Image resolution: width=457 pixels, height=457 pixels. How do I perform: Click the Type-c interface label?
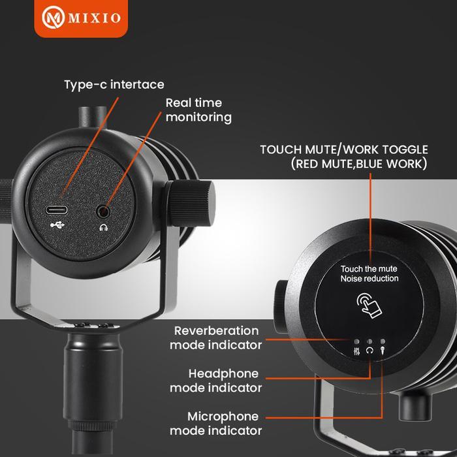[x=114, y=85]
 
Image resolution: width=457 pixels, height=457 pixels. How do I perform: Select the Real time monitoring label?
[x=198, y=110]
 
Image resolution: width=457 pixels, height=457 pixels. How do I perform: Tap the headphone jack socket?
[x=102, y=211]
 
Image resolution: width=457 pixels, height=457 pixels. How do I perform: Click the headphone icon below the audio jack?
[x=102, y=227]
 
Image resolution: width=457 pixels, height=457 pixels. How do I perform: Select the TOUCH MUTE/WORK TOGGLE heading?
[x=344, y=150]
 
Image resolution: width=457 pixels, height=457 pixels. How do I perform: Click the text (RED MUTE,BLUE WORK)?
[x=359, y=164]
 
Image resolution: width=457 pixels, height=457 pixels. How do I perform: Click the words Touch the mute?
[x=369, y=268]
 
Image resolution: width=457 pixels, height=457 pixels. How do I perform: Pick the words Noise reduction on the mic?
[x=369, y=279]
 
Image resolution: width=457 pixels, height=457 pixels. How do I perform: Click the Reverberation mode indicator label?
[x=216, y=338]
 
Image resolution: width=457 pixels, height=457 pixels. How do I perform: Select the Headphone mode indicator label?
[x=216, y=381]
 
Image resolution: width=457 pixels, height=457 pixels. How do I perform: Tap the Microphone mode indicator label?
[x=216, y=423]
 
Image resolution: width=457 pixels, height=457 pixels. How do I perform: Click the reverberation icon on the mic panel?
[x=356, y=350]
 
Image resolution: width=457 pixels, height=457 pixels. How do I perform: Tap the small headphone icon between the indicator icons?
[x=370, y=350]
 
